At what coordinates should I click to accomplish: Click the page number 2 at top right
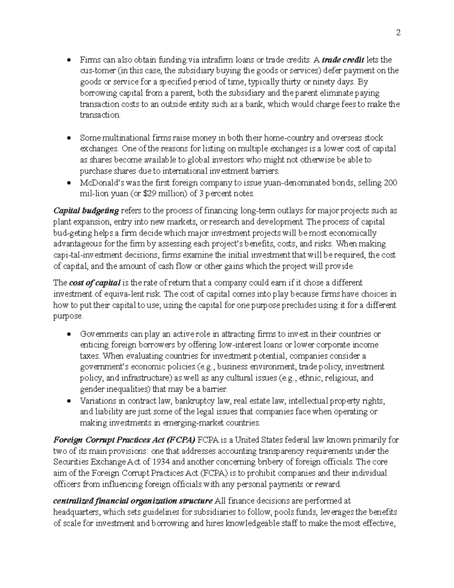pyautogui.click(x=398, y=33)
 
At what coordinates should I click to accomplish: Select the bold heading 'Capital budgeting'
pyautogui.click(x=86, y=211)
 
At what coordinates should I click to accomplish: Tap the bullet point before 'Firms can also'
pyautogui.click(x=68, y=60)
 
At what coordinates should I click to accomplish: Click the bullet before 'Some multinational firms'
pyautogui.click(x=68, y=138)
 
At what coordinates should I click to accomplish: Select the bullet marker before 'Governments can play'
pyautogui.click(x=68, y=334)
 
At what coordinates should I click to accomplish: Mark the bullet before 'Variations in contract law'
pyautogui.click(x=68, y=401)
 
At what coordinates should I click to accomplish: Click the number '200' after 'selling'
pyautogui.click(x=390, y=183)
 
